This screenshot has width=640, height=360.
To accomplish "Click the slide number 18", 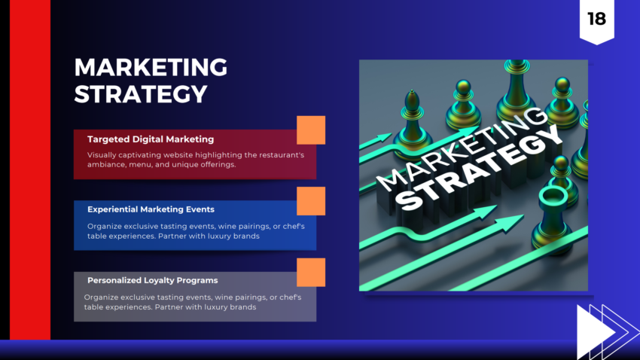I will (x=596, y=19).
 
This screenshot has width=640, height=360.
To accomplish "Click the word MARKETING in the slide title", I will (x=151, y=67).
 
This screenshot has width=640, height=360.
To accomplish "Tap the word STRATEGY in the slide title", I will (x=141, y=95).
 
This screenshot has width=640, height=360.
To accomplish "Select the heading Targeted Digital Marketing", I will (x=151, y=139).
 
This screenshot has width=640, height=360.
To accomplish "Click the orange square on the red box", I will (x=311, y=130).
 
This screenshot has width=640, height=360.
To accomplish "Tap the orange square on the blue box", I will (x=311, y=201).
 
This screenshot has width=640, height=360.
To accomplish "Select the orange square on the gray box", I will (x=311, y=272).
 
